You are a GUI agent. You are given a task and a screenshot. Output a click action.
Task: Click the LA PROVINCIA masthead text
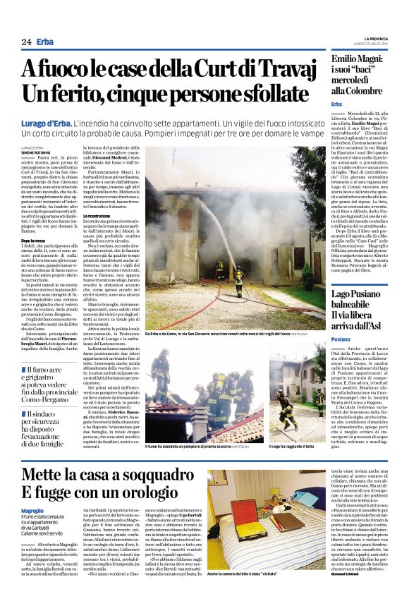(377, 38)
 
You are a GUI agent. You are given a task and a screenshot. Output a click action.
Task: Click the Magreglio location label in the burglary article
(32, 510)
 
